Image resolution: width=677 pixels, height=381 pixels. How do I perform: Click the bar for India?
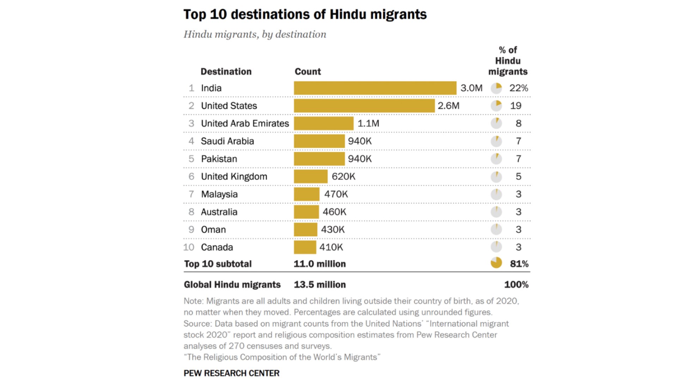[375, 88]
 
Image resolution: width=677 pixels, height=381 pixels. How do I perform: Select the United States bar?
[364, 106]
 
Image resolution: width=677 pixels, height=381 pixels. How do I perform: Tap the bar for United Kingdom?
[311, 176]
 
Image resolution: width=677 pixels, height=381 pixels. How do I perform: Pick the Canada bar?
[305, 247]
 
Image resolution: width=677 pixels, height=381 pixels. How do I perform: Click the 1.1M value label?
[368, 123]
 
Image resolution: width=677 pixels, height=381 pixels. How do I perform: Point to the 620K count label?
[343, 176]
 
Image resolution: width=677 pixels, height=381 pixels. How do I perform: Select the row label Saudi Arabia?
[227, 141]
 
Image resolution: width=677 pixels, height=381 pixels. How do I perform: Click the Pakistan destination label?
[219, 159]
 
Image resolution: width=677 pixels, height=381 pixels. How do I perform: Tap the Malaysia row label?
[219, 194]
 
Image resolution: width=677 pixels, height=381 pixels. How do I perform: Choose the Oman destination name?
[213, 230]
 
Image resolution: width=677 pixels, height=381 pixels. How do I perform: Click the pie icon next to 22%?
[496, 88]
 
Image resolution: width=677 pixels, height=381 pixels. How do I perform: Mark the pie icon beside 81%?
[496, 263]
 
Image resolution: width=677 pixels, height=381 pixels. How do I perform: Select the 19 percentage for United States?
[516, 106]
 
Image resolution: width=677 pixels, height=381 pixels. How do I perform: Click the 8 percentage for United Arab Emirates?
[518, 123]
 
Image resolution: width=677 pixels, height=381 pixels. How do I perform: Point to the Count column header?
[308, 72]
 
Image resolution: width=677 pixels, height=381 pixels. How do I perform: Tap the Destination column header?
[226, 72]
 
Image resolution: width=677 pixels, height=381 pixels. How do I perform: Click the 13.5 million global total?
[320, 285]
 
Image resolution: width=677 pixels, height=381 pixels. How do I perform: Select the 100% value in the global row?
[516, 285]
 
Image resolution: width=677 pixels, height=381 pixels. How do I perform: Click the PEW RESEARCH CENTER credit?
[231, 373]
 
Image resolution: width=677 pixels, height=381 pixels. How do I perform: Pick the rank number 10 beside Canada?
[189, 247]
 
